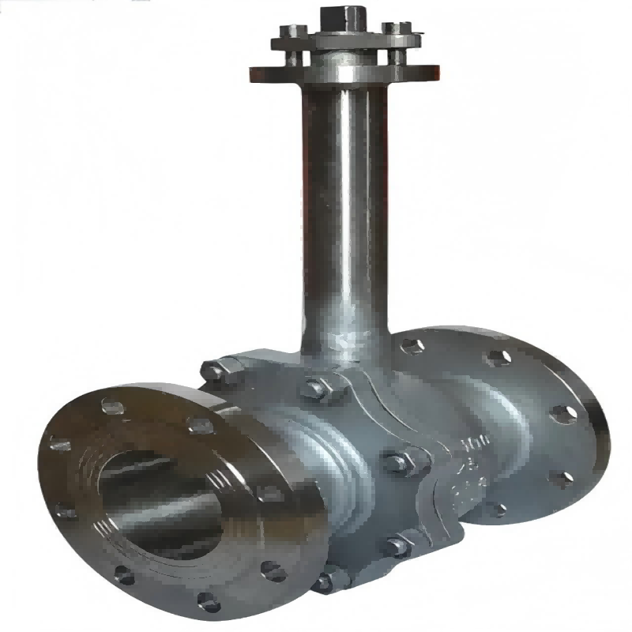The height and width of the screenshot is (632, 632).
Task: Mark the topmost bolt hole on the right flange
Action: (412, 346)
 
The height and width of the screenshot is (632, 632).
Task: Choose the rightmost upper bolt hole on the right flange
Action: (563, 413)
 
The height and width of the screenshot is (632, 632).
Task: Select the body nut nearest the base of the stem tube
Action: (315, 388)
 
